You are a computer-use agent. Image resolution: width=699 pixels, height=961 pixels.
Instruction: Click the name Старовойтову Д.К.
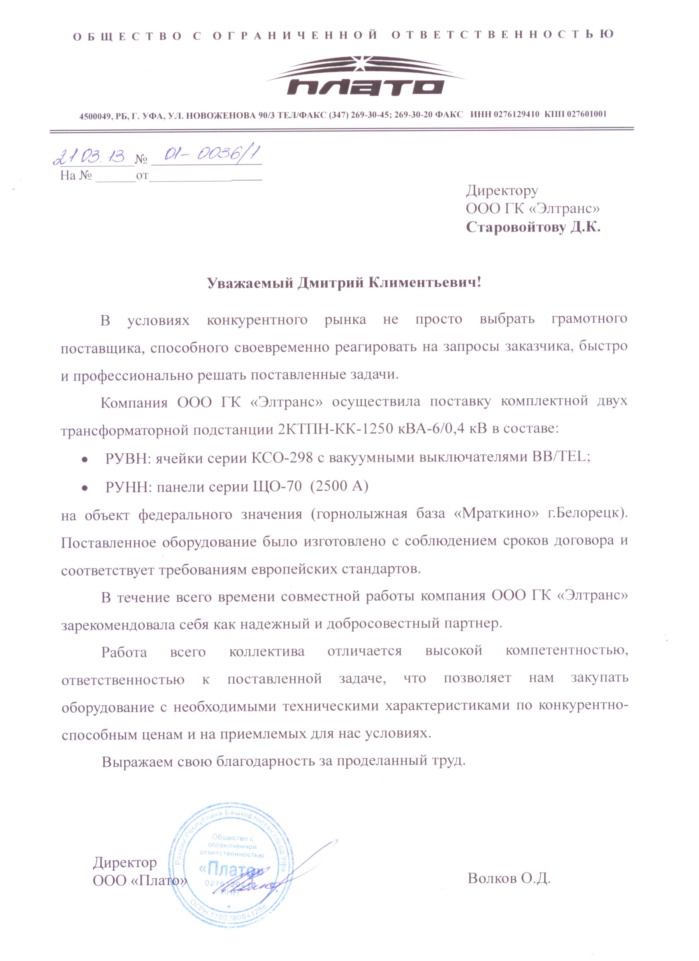(x=533, y=228)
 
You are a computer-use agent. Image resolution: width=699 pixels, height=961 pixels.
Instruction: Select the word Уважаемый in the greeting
(x=250, y=283)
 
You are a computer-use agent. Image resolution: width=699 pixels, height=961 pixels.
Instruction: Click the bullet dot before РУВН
(x=85, y=459)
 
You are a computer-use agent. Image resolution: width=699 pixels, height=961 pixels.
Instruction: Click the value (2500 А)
(x=339, y=486)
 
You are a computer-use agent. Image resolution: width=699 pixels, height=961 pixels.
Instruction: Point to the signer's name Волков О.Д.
(x=509, y=878)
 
